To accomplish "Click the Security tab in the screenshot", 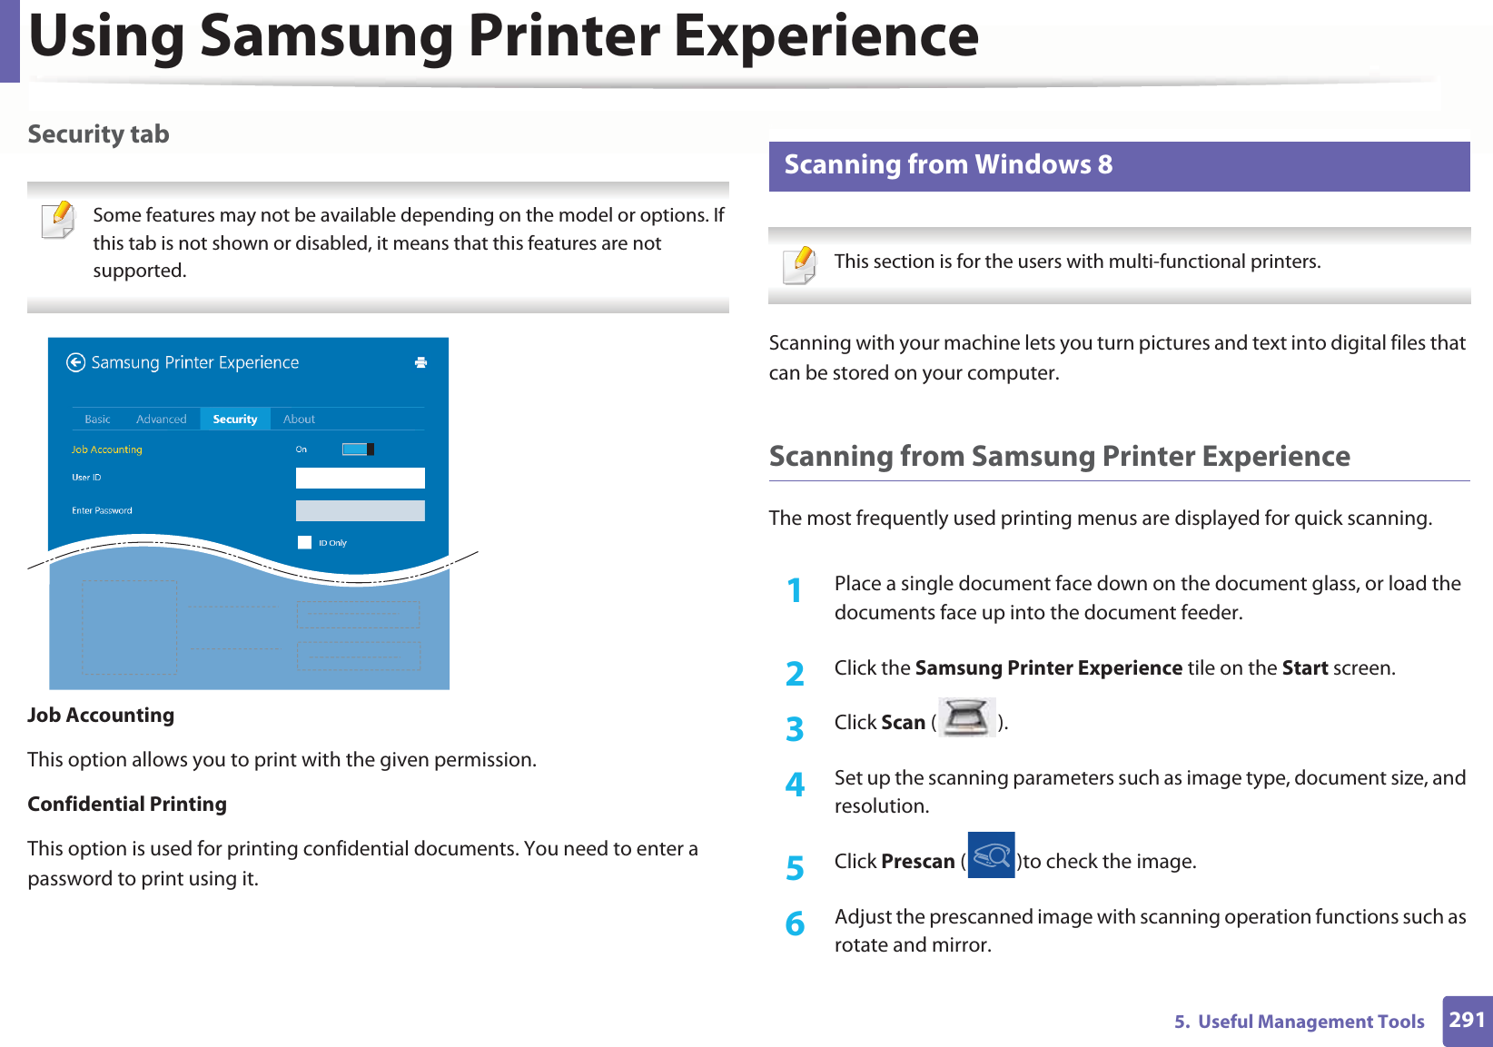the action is (234, 420).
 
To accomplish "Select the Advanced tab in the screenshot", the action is (161, 420).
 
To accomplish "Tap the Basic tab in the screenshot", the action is (97, 420).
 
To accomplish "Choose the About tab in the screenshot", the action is (299, 420).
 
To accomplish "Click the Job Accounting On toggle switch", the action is (358, 449).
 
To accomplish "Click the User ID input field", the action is (360, 478).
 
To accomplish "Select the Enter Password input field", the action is (360, 510).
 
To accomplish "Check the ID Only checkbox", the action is (305, 543).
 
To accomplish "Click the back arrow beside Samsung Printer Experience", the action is (75, 363).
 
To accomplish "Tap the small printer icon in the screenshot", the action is (420, 362).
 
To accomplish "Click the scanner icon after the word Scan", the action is (966, 718).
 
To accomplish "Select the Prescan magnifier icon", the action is (991, 855).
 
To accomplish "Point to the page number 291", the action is (1467, 1020).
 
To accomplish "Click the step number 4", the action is (795, 784).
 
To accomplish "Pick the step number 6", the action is (795, 924).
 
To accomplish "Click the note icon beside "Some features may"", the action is (59, 220).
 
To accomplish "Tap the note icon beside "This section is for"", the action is (800, 265).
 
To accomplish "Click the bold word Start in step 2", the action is (1305, 668).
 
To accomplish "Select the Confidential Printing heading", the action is (127, 805).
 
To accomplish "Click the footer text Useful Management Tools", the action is (1310, 1022).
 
